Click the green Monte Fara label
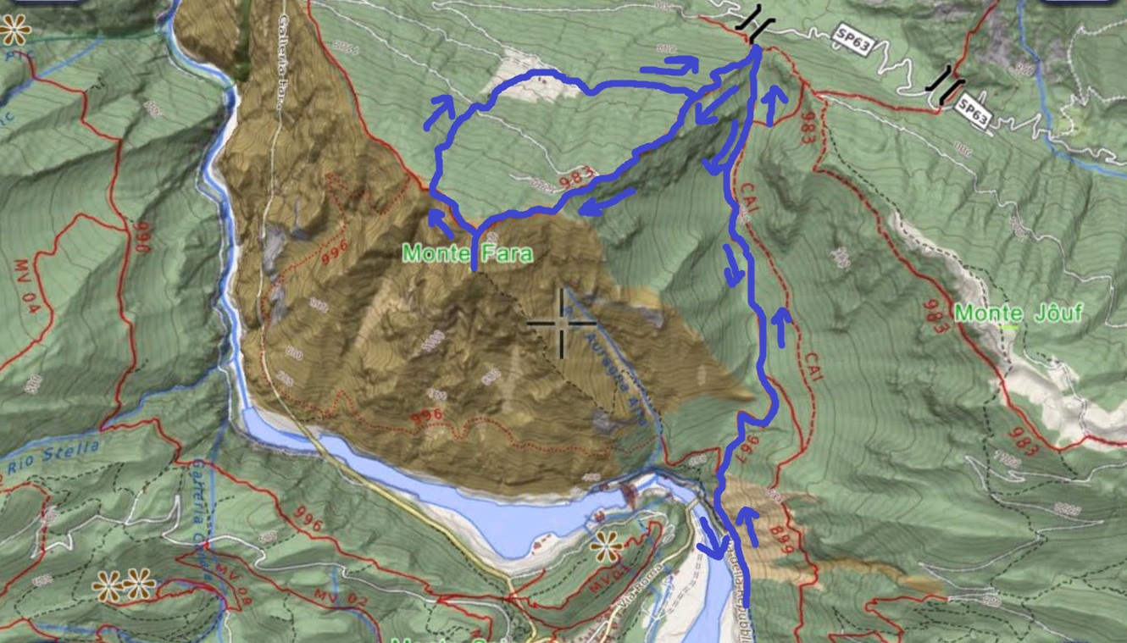click(468, 252)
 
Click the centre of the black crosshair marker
click(562, 323)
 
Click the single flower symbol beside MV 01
click(606, 547)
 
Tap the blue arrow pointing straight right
click(669, 65)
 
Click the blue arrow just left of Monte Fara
click(440, 224)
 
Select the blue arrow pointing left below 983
click(607, 202)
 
